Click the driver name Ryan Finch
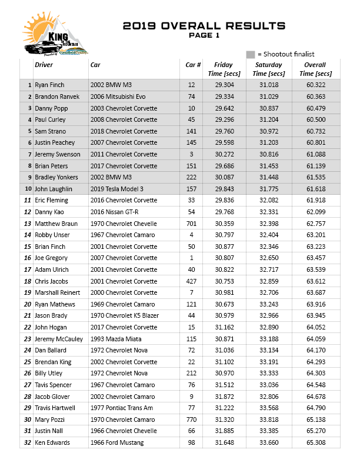point(49,85)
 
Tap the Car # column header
point(194,65)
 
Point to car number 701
point(191,224)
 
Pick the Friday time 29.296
point(224,120)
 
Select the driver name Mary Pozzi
point(49,420)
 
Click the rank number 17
point(27,269)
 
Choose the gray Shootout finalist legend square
point(251,54)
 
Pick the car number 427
point(191,281)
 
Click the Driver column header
point(44,65)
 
